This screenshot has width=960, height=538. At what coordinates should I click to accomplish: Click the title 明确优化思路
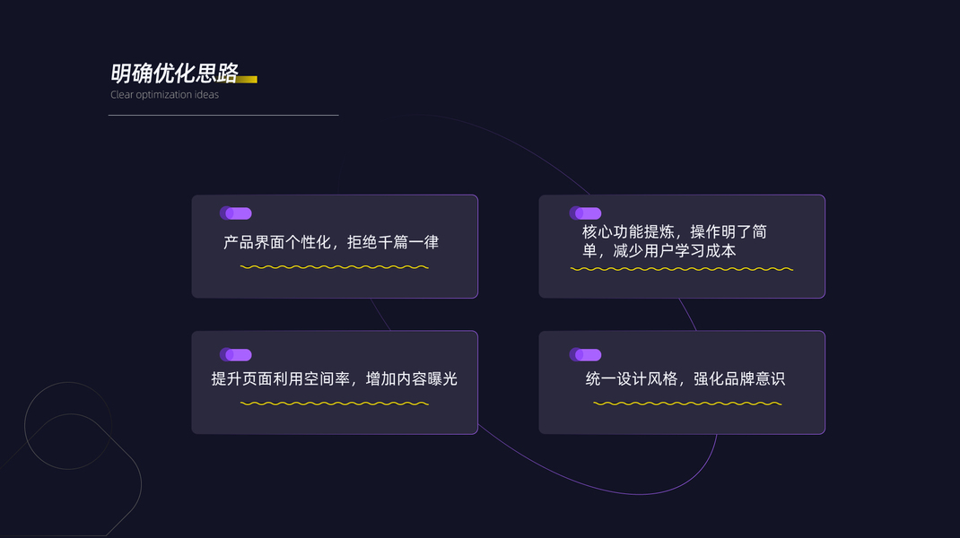(174, 73)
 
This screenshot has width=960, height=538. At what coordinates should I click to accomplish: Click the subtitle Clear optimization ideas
(164, 95)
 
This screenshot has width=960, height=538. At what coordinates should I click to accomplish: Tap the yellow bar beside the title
(247, 79)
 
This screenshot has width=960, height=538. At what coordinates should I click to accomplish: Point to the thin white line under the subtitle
(223, 115)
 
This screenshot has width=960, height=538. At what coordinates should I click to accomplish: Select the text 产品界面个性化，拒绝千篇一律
(331, 242)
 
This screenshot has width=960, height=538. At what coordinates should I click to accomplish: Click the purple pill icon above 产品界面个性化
(236, 213)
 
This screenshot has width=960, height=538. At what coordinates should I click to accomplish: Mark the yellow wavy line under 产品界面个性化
(334, 267)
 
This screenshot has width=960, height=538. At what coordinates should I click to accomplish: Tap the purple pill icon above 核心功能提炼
(585, 213)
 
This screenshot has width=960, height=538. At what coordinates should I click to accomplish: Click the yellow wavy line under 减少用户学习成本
(682, 269)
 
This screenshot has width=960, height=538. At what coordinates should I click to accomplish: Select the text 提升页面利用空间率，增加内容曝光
(334, 378)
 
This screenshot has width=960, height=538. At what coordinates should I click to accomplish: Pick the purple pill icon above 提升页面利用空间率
(236, 355)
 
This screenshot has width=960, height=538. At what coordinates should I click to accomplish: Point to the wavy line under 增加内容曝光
(334, 403)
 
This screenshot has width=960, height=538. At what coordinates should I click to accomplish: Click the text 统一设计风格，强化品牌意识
(685, 378)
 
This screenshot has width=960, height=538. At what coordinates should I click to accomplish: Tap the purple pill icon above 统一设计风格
(585, 355)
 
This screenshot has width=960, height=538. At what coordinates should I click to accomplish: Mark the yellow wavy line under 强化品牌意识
(687, 403)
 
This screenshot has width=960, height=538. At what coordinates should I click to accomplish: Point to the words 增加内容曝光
(412, 378)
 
